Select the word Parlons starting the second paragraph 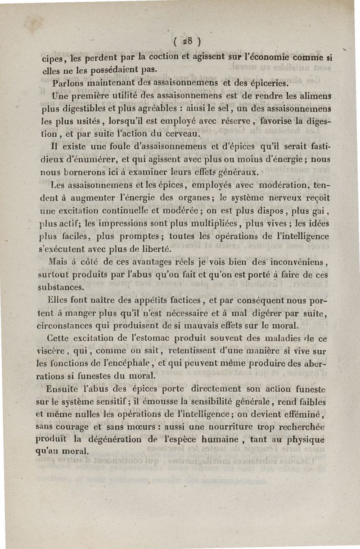coord(68,84)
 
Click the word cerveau coord(180,134)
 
